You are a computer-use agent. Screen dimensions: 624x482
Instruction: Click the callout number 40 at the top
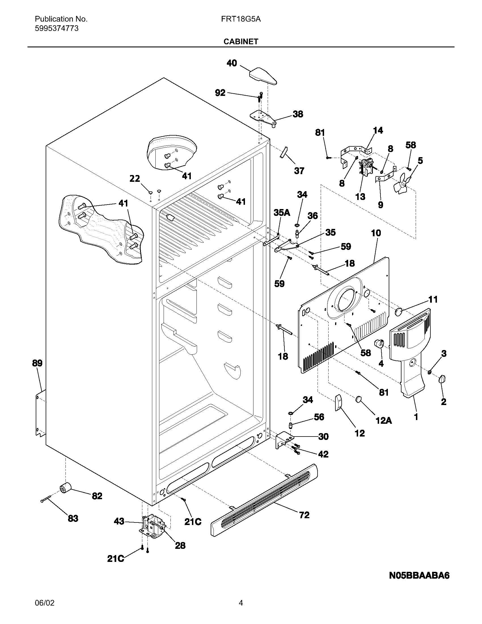(x=232, y=63)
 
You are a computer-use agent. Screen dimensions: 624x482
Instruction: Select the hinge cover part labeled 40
(x=263, y=76)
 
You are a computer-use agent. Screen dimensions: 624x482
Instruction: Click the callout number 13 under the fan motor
(x=360, y=197)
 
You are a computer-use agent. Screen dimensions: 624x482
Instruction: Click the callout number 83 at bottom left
(x=73, y=518)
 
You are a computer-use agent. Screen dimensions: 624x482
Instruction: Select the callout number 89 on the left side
(x=37, y=363)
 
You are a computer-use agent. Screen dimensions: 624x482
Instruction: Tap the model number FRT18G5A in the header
(x=241, y=19)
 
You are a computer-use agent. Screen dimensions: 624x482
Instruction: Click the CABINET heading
(x=241, y=42)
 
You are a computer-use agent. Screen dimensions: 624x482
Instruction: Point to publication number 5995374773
(x=56, y=28)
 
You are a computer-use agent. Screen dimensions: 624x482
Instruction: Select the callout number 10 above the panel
(x=376, y=233)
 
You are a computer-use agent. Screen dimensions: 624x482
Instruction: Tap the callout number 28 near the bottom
(x=180, y=546)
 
